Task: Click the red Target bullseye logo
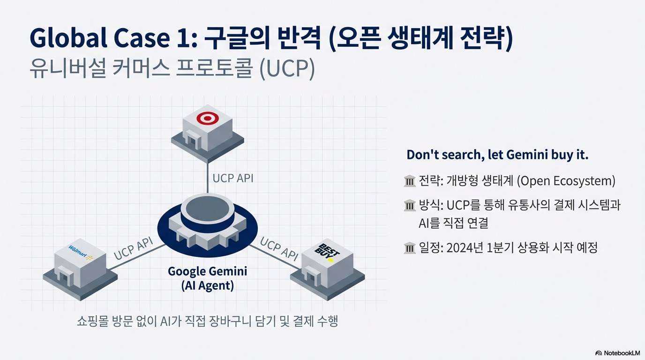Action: (208, 119)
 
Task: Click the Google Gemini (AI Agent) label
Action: (207, 278)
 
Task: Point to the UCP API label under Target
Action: (233, 178)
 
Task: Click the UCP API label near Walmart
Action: (133, 249)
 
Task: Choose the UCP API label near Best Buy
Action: (279, 249)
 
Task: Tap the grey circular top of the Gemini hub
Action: (208, 209)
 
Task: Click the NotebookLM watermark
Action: (617, 353)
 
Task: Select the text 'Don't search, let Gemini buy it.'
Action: (497, 155)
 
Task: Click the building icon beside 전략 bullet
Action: (410, 181)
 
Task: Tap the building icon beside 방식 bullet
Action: (410, 205)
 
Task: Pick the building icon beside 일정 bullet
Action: (410, 248)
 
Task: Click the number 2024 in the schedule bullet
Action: (460, 247)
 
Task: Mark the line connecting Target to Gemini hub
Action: (208, 178)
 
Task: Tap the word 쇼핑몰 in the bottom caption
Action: (92, 321)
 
